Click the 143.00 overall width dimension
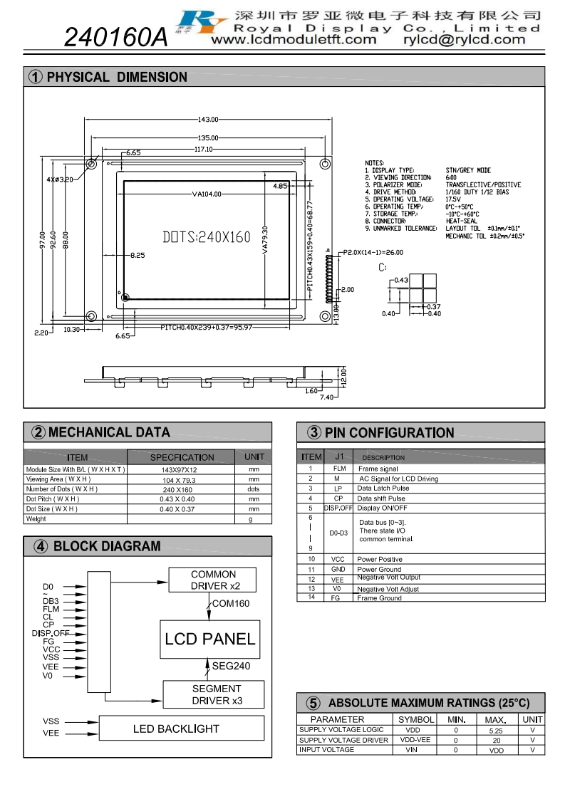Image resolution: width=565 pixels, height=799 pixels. coord(208,119)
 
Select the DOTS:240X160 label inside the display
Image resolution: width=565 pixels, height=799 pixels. coord(207,237)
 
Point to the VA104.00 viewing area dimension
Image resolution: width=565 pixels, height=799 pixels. coord(207,194)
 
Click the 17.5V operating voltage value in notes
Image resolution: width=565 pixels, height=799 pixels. coord(453,199)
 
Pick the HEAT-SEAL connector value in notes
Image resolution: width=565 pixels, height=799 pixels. coord(461,221)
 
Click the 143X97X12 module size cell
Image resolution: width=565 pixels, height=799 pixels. coord(181,470)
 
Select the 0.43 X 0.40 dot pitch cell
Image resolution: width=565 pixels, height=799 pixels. coord(181,499)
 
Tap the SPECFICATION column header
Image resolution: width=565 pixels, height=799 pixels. coord(182,457)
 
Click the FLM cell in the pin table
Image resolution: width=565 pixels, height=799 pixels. coord(339,469)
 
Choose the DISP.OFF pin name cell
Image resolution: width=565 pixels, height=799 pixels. coord(338,508)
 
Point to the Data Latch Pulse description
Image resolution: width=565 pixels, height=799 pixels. coord(383,489)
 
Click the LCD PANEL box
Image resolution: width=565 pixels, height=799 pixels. coord(209,639)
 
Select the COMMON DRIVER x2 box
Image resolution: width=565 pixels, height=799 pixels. coord(214,580)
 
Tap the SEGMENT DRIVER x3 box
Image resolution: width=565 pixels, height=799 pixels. coord(216,694)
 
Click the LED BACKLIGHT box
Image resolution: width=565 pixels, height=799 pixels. coord(176,728)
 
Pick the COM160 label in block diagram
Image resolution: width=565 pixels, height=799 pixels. coord(231,604)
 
